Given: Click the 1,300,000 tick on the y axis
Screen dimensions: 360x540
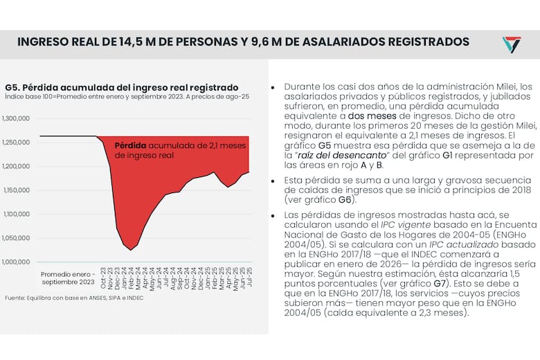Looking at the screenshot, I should pyautogui.click(x=17, y=118).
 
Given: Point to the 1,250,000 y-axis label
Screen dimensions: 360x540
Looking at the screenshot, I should pyautogui.click(x=17, y=143).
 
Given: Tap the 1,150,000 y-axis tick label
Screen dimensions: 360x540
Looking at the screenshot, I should pyautogui.click(x=17, y=190).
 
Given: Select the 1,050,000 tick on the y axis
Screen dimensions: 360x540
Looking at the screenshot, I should pyautogui.click(x=17, y=237).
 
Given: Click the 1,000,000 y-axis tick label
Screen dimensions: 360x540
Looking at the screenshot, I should pyautogui.click(x=17, y=262).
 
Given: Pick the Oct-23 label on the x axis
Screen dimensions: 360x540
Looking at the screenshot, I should pyautogui.click(x=102, y=278).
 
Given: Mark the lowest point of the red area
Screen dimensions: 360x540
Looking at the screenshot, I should pyautogui.click(x=130, y=249).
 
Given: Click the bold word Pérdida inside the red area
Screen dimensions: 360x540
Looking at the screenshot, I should pyautogui.click(x=130, y=146).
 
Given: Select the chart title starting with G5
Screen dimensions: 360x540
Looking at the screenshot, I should pyautogui.click(x=121, y=87).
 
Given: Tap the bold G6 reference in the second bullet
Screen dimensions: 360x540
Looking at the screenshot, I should pyautogui.click(x=345, y=200).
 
